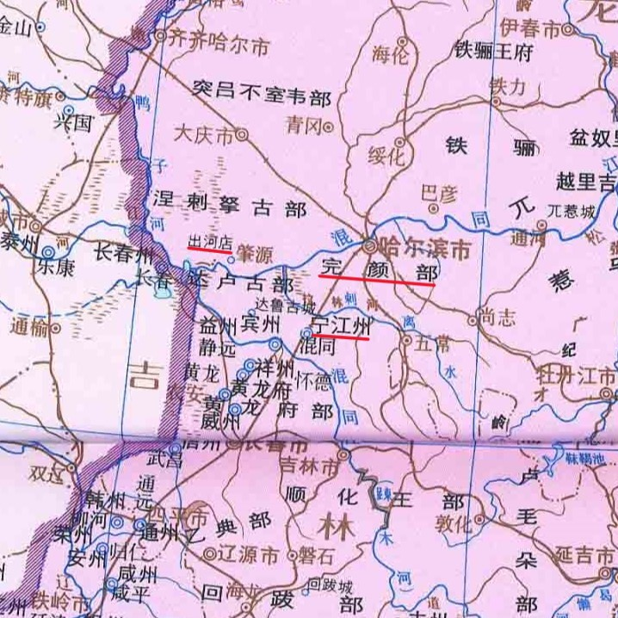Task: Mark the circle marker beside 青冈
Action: (329, 127)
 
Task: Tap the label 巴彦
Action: (436, 194)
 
